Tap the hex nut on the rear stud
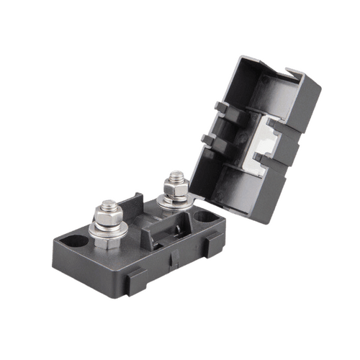(175, 189)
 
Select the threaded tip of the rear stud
(175, 176)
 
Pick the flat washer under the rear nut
(175, 202)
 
